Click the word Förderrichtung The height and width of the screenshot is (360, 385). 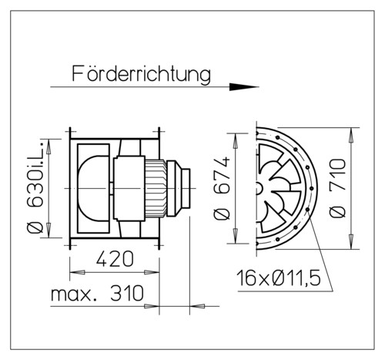141,74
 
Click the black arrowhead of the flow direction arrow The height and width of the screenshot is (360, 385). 243,87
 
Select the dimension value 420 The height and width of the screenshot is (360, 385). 115,259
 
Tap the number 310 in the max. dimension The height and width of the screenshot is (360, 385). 127,293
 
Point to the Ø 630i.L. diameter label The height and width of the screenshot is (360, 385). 35,187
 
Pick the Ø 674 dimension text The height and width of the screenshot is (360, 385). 222,188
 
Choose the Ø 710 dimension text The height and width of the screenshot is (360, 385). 338,188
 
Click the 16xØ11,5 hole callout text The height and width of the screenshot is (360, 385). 279,278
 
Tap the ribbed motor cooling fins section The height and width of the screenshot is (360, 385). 156,189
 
